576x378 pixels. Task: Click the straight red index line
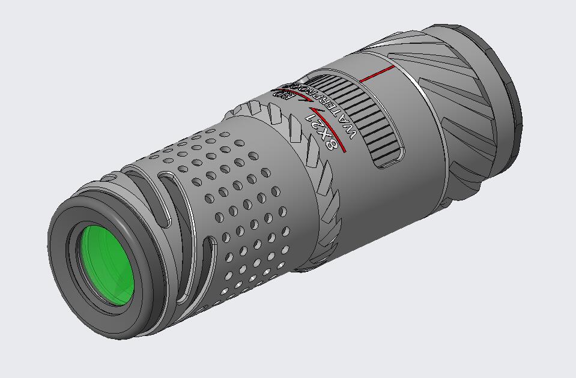click(377, 74)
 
